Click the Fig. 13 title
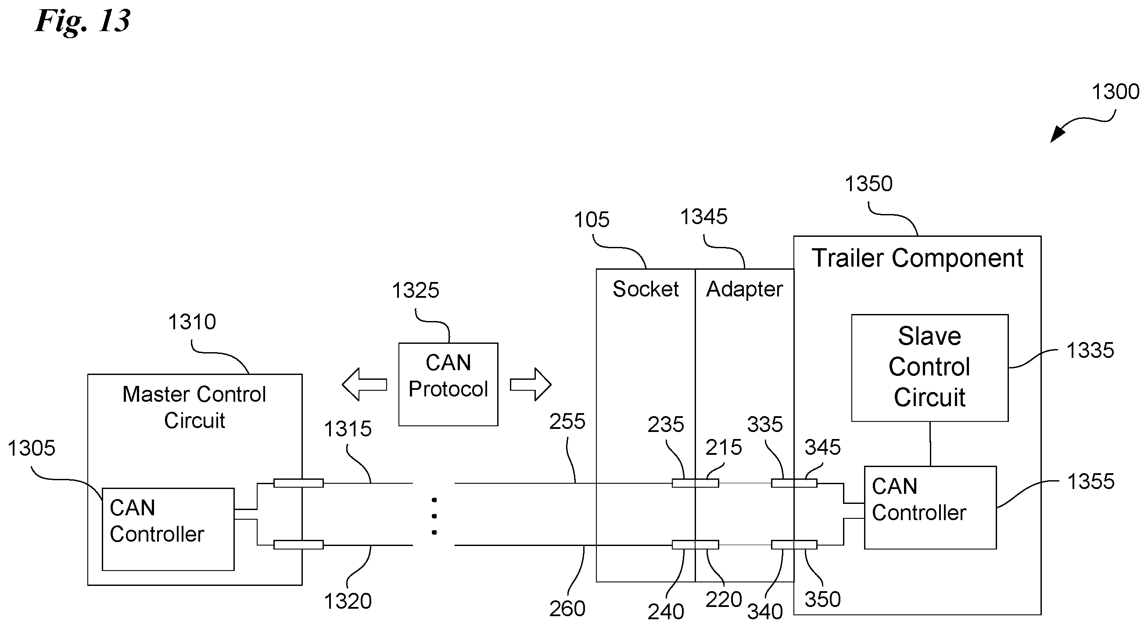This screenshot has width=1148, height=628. click(x=83, y=21)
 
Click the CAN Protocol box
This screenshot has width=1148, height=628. click(x=448, y=384)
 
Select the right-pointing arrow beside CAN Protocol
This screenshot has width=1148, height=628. click(x=531, y=384)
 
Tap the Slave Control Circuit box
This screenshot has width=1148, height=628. click(x=929, y=368)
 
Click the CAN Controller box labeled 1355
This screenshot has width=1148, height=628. click(x=929, y=507)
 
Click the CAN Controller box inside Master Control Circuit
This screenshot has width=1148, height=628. click(x=168, y=529)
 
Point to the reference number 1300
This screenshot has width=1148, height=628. click(x=1115, y=92)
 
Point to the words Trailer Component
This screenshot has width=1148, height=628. click(x=917, y=258)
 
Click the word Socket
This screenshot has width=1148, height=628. click(x=645, y=289)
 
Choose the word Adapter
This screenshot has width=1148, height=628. click(x=744, y=289)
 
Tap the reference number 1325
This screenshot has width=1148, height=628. click(x=415, y=291)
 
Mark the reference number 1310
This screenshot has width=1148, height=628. click(x=192, y=322)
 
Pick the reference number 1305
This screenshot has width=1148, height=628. click(x=31, y=448)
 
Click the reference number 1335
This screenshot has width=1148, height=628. click(x=1090, y=350)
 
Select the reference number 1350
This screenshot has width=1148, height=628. click(x=868, y=184)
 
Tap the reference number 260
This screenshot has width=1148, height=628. click(x=567, y=609)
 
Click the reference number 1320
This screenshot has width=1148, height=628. click(x=348, y=602)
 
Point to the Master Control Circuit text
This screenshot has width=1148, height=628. click(x=194, y=407)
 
